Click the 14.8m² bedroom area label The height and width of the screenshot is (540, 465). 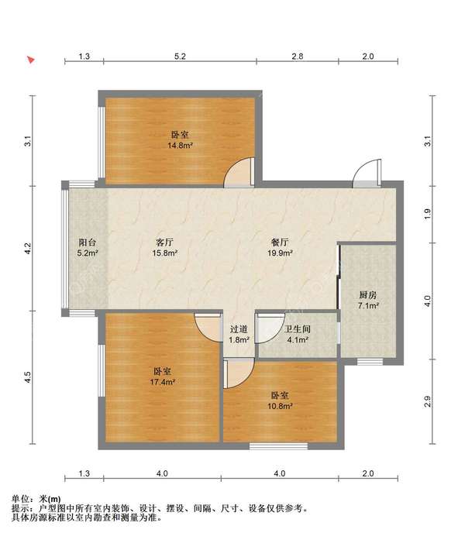[x=180, y=146]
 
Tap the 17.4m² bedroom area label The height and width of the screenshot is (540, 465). [x=163, y=382]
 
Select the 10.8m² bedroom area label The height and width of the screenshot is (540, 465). [x=280, y=406]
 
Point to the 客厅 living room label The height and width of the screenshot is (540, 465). [x=164, y=242]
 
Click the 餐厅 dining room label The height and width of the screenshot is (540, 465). [x=280, y=242]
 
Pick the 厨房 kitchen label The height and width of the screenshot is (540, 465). [x=368, y=295]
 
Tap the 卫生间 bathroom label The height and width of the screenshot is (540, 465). [x=298, y=329]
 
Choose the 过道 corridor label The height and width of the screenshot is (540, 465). [x=239, y=329]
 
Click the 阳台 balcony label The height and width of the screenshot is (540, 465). [x=88, y=242]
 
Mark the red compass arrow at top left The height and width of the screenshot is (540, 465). [x=31, y=60]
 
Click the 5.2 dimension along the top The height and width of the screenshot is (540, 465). [x=180, y=56]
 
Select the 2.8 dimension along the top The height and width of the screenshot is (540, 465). [x=298, y=56]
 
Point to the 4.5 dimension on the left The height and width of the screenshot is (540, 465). [x=28, y=377]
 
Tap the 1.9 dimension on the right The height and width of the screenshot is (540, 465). [x=427, y=214]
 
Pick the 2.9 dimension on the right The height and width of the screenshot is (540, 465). [x=427, y=401]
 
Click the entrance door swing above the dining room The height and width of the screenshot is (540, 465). [x=367, y=174]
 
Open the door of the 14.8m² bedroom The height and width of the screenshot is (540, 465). [x=239, y=173]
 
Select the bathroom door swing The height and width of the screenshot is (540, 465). [x=270, y=328]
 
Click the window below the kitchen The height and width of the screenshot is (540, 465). [x=370, y=362]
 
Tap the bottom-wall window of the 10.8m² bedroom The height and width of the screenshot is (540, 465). [x=278, y=446]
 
